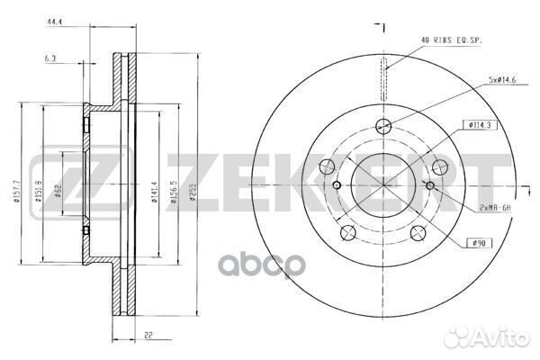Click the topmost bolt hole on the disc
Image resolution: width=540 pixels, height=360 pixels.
(384, 126)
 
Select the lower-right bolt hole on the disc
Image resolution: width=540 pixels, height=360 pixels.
(418, 234)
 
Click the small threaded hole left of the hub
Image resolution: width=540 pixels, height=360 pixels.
(337, 185)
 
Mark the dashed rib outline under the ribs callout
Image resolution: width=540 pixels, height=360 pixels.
(384, 76)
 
